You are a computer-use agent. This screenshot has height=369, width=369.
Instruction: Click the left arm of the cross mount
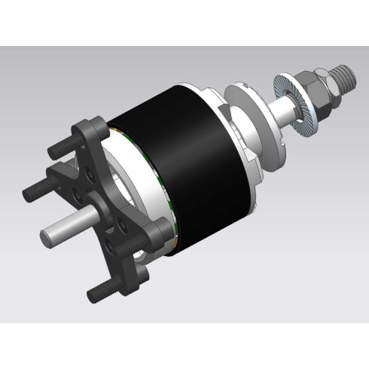[x=64, y=181]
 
